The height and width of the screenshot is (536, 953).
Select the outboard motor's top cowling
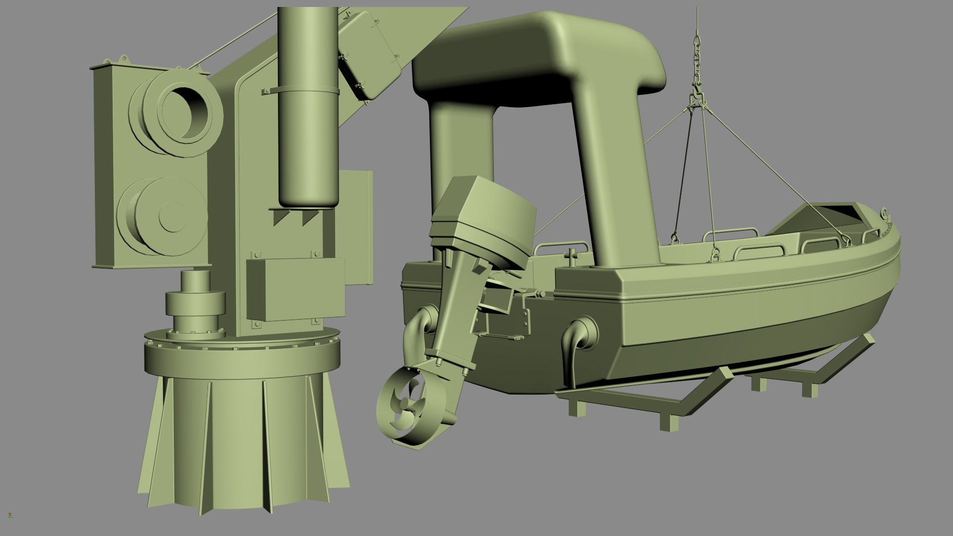[x=489, y=208]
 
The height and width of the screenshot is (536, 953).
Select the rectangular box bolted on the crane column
[x=296, y=288]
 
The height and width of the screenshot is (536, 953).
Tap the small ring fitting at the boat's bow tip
[x=884, y=213]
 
